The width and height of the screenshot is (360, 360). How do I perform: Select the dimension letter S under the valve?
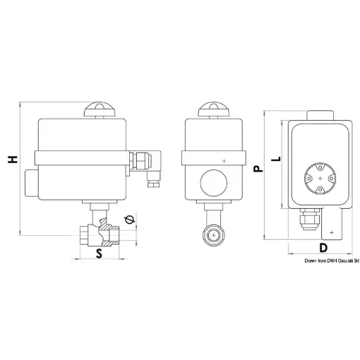[100, 253]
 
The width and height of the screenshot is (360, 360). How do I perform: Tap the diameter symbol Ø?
[128, 220]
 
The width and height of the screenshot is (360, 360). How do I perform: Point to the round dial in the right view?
[321, 178]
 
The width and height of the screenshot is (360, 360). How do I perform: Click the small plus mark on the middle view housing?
[224, 162]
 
